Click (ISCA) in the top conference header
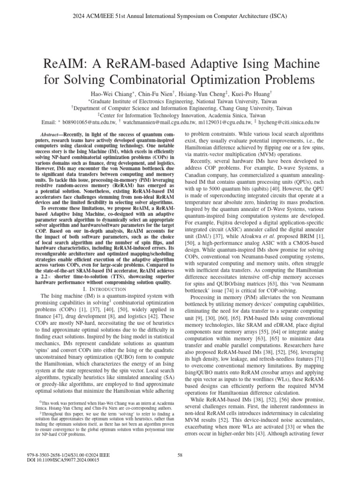(x=277, y=16)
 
